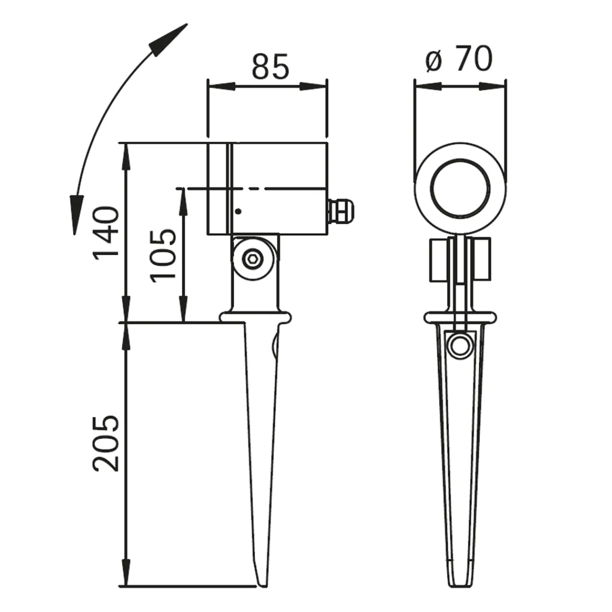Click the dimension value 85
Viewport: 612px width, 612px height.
(270, 65)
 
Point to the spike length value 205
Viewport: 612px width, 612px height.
(106, 443)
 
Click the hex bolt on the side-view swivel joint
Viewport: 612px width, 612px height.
(252, 259)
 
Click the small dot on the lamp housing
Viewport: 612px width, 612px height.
(238, 211)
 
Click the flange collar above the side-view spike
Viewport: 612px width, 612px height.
(256, 317)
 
